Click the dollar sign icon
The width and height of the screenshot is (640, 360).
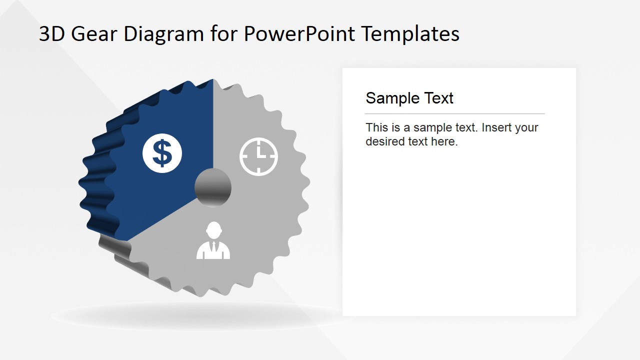[162, 153]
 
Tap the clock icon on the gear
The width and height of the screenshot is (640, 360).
[258, 156]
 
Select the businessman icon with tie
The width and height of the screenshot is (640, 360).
[213, 241]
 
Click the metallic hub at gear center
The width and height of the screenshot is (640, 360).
[213, 187]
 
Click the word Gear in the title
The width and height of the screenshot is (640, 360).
[94, 34]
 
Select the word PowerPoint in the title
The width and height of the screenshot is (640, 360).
[299, 34]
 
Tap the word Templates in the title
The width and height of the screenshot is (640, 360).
[410, 34]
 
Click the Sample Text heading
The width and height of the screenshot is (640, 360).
[409, 98]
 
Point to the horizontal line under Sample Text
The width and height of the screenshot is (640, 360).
[454, 114]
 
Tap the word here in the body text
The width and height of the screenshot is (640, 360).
[444, 141]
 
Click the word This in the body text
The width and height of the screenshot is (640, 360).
[376, 127]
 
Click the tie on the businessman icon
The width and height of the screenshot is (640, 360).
[213, 247]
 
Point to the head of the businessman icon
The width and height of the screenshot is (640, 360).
[213, 229]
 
